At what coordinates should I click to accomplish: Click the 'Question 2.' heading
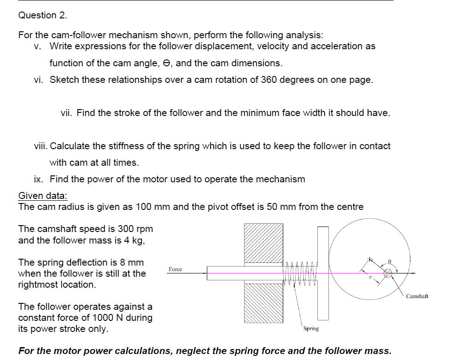[42, 15]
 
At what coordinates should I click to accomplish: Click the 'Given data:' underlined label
[42, 196]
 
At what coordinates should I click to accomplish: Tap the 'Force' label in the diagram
[175, 269]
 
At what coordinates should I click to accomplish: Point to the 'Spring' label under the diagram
[311, 329]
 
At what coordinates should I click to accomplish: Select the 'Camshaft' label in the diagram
[417, 296]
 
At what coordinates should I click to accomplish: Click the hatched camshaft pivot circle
[388, 273]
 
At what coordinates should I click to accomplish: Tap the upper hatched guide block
[263, 244]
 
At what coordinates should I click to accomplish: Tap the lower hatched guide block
[263, 302]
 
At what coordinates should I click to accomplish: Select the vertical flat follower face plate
[323, 273]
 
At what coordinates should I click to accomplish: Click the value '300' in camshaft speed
[126, 229]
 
